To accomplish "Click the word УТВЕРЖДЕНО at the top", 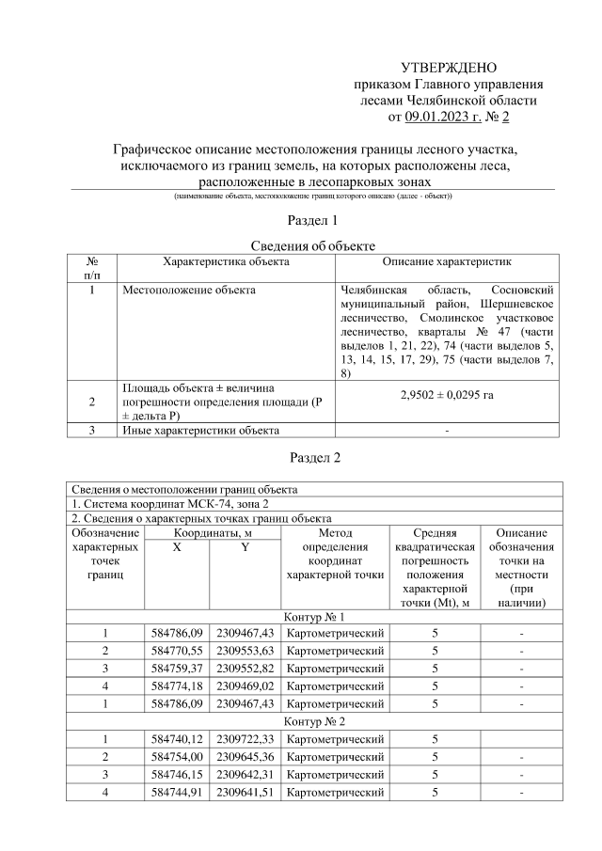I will click(x=449, y=68).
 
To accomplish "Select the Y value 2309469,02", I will click(x=245, y=686).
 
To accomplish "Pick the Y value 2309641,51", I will click(x=245, y=793).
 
